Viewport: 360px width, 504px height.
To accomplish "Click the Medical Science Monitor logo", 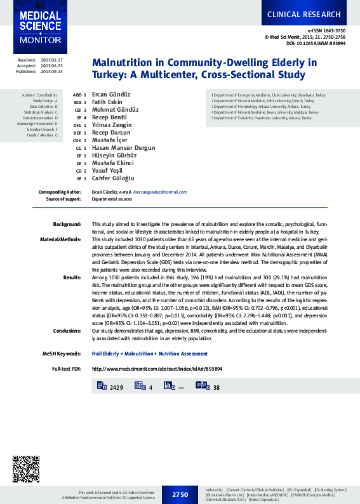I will [39, 27].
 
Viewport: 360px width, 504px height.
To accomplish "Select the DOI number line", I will [316, 43].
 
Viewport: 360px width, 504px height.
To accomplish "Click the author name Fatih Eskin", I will [107, 102].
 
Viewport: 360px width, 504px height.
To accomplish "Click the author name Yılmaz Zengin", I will [112, 124].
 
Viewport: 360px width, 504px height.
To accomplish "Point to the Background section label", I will [67, 225].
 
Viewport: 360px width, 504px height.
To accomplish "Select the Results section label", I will [72, 277].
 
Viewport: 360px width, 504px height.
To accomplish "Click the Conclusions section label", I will [67, 331].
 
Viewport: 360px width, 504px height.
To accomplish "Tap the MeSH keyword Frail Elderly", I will [107, 354].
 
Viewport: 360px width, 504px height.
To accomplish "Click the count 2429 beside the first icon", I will [116, 387].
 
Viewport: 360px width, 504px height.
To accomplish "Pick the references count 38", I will [216, 387].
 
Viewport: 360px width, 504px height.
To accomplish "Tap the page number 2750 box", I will [180, 493].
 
